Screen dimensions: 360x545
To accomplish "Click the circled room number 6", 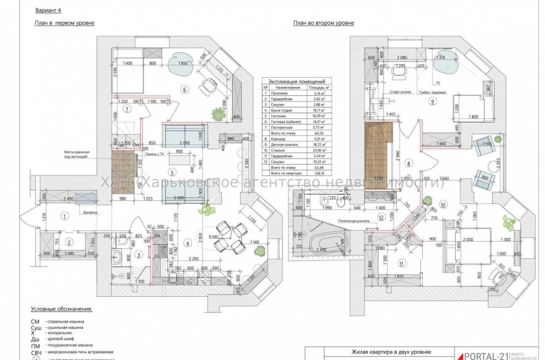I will tap(183, 90).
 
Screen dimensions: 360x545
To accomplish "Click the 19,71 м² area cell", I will tap(314, 111).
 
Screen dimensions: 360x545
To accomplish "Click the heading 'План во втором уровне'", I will tap(323, 23).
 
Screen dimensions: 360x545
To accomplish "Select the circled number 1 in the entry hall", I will tap(64, 216).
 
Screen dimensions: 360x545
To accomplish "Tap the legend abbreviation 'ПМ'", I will tap(36, 345).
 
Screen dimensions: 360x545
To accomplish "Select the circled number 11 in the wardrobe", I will tap(402, 263).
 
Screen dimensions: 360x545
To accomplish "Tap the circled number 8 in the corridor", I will tap(409, 163).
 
